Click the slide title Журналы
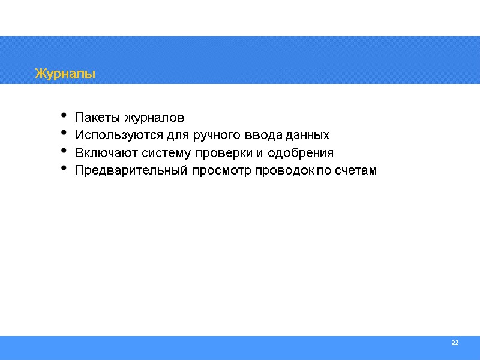[x=65, y=74]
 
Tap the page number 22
[x=455, y=343]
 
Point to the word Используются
[x=112, y=134]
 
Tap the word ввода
[x=247, y=134]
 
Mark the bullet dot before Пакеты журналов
[x=64, y=116]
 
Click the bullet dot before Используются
[x=64, y=134]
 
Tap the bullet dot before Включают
[x=64, y=152]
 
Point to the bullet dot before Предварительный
[x=64, y=170]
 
